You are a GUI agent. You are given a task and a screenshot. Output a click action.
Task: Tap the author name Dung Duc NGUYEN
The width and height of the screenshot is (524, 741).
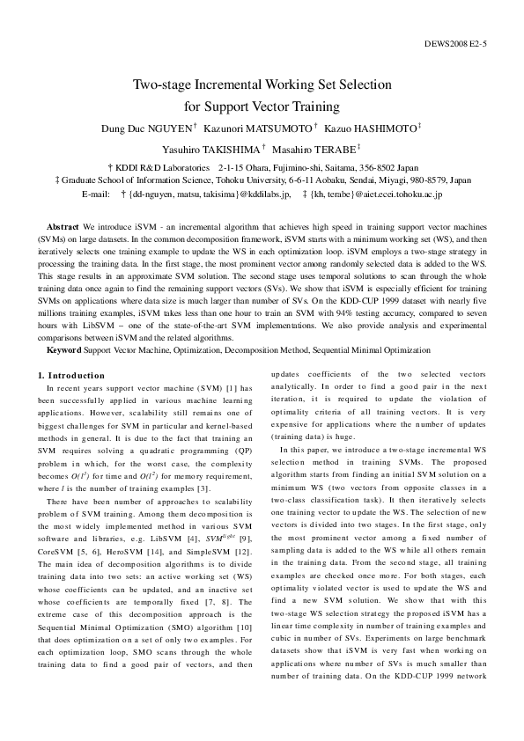(x=145, y=129)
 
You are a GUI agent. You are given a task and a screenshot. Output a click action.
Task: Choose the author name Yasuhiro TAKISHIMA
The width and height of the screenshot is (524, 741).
(x=210, y=150)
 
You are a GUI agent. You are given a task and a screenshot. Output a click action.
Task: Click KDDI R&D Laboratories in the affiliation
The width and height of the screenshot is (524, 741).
(x=160, y=166)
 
